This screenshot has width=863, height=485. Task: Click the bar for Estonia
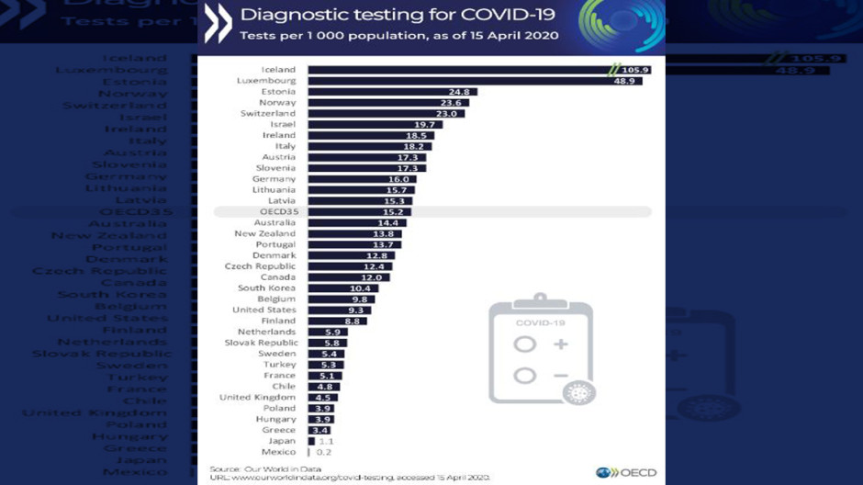(390, 92)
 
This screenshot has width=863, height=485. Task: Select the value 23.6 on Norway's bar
(451, 103)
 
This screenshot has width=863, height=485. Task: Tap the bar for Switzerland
(386, 114)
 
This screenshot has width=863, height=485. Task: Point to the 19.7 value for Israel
(424, 125)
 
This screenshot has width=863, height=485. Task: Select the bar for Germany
(362, 179)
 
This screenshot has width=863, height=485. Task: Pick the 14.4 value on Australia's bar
(388, 223)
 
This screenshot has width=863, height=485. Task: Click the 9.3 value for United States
(355, 310)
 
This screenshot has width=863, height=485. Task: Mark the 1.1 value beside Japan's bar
(326, 441)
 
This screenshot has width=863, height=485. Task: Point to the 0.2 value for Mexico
(324, 452)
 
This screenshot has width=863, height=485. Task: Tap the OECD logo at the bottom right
(626, 473)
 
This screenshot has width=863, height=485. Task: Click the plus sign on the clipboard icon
(560, 344)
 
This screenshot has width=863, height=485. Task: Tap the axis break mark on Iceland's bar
(614, 70)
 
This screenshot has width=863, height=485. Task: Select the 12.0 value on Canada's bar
(371, 277)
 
